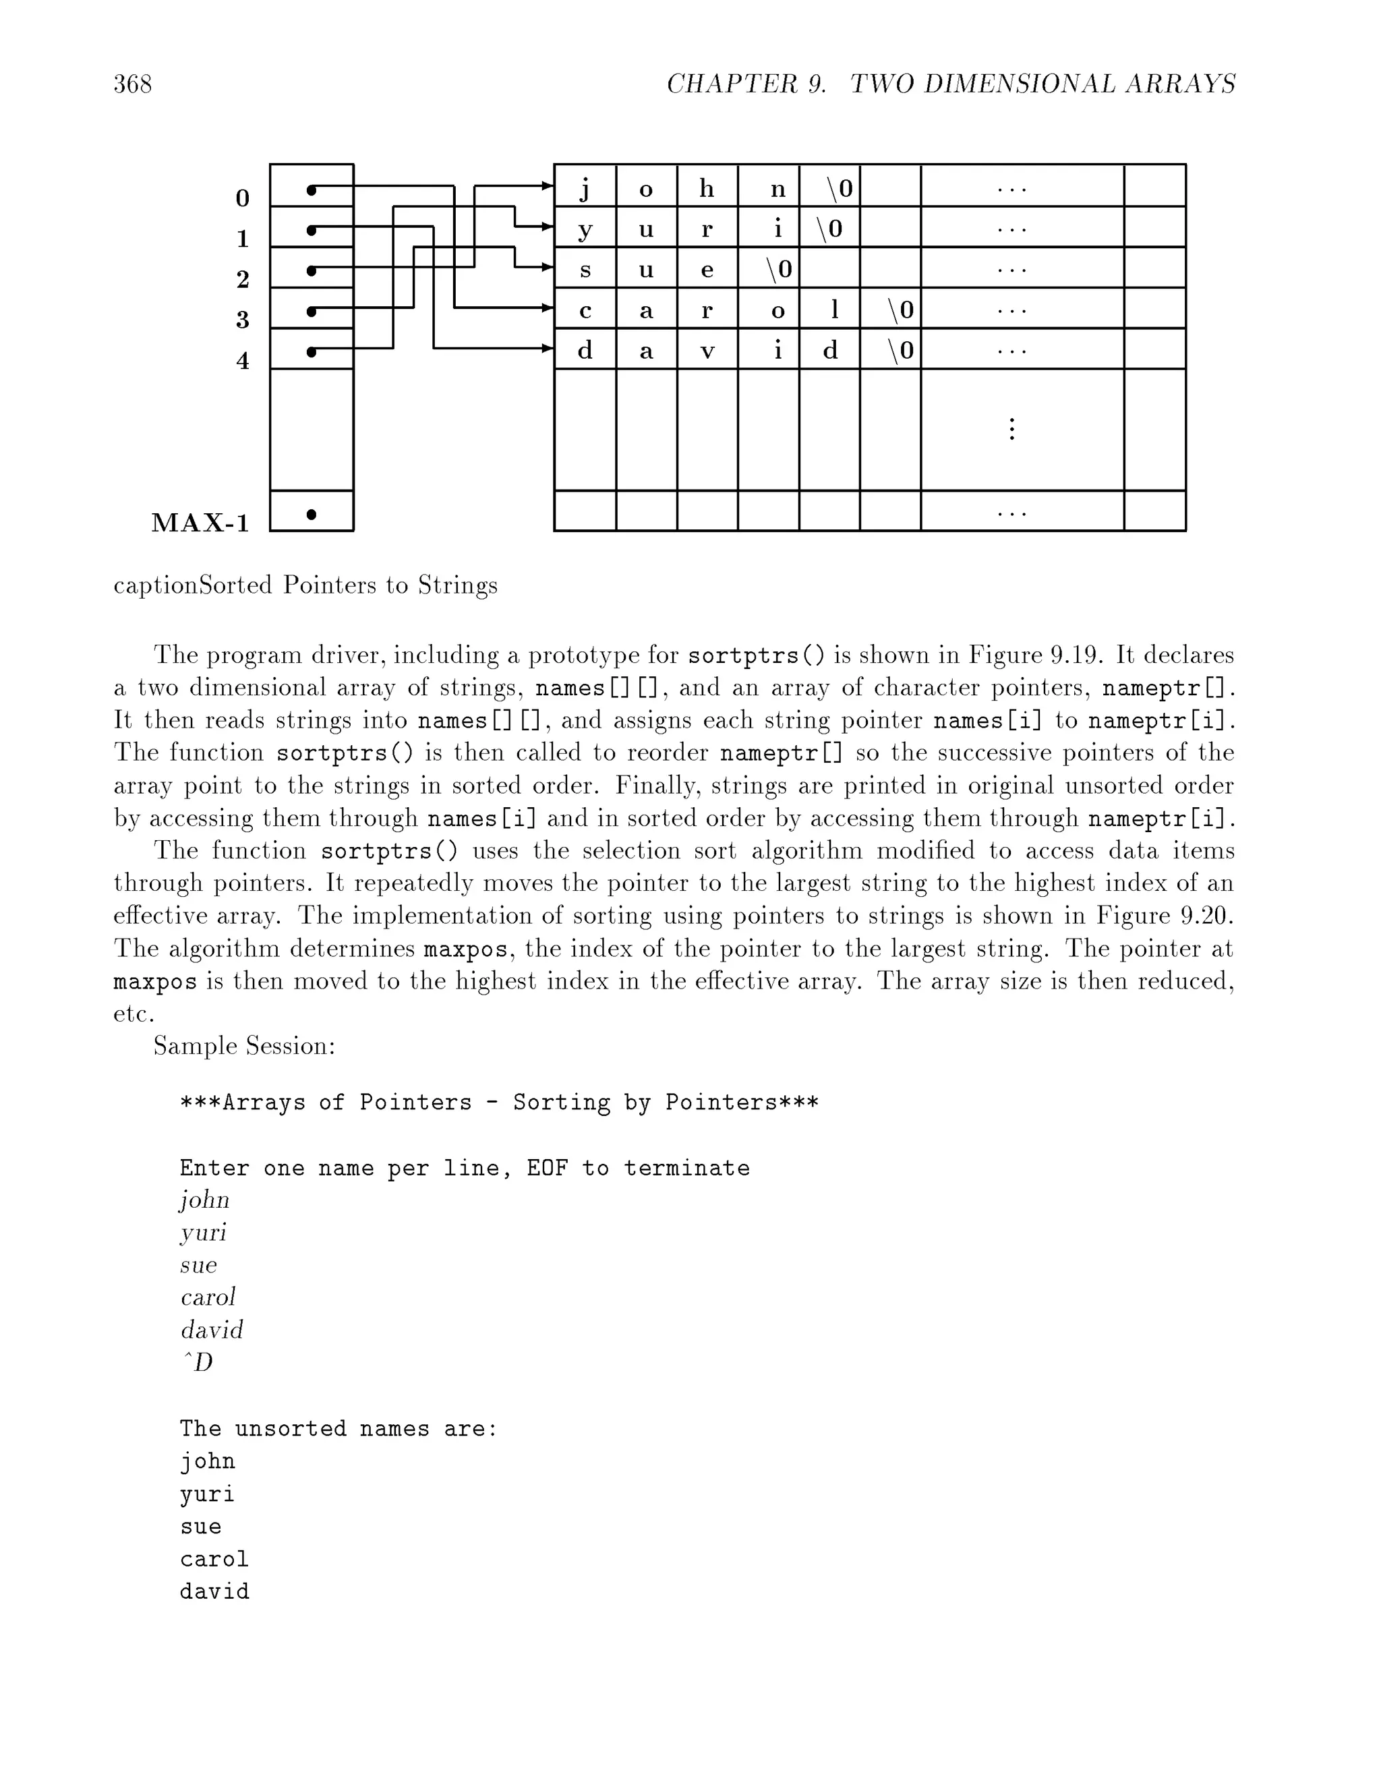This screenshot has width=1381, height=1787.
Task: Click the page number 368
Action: (x=133, y=84)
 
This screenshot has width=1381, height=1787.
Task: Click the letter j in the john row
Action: (x=584, y=189)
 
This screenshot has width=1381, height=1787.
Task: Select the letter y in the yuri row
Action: (x=584, y=230)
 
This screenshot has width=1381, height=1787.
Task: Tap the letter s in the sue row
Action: (x=584, y=270)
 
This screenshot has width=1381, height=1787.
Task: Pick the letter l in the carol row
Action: (x=833, y=310)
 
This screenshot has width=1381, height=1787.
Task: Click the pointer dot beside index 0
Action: (x=311, y=191)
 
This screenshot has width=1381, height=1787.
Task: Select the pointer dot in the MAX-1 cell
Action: (x=311, y=514)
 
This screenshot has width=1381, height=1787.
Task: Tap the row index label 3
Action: (x=242, y=319)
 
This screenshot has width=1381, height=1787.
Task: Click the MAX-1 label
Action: (x=200, y=523)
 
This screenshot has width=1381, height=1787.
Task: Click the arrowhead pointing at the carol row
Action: (x=548, y=307)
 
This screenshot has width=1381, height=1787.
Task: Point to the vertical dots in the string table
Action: (x=1012, y=429)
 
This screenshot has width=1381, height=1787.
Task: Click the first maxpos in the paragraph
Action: (x=465, y=950)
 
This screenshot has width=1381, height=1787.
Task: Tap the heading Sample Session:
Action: (x=244, y=1047)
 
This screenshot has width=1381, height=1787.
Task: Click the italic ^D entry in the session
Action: (x=196, y=1362)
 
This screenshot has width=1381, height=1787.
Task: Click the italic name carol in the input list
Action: (x=208, y=1297)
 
